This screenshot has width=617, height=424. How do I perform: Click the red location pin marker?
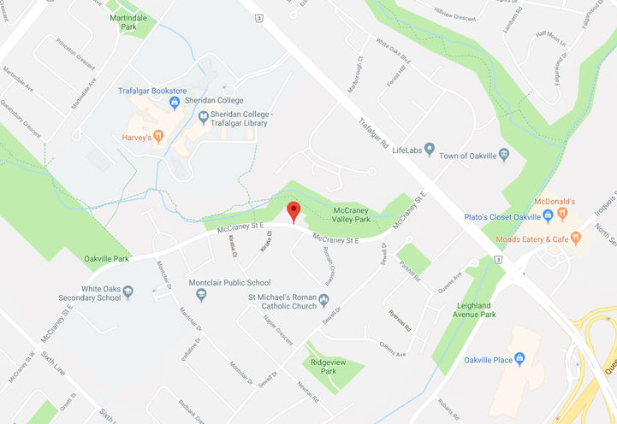(x=294, y=211)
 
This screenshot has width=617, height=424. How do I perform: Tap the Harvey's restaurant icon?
(x=158, y=136)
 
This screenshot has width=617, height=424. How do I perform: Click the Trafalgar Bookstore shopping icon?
(x=175, y=103)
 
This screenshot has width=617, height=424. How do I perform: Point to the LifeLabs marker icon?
(x=429, y=150)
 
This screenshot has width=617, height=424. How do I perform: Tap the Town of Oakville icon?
(x=503, y=155)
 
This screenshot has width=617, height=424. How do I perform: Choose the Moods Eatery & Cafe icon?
(x=576, y=238)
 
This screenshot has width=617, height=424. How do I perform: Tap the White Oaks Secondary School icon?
(x=128, y=292)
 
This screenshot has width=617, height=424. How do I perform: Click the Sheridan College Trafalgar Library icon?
(x=203, y=117)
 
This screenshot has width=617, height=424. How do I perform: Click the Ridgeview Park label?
(x=323, y=366)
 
